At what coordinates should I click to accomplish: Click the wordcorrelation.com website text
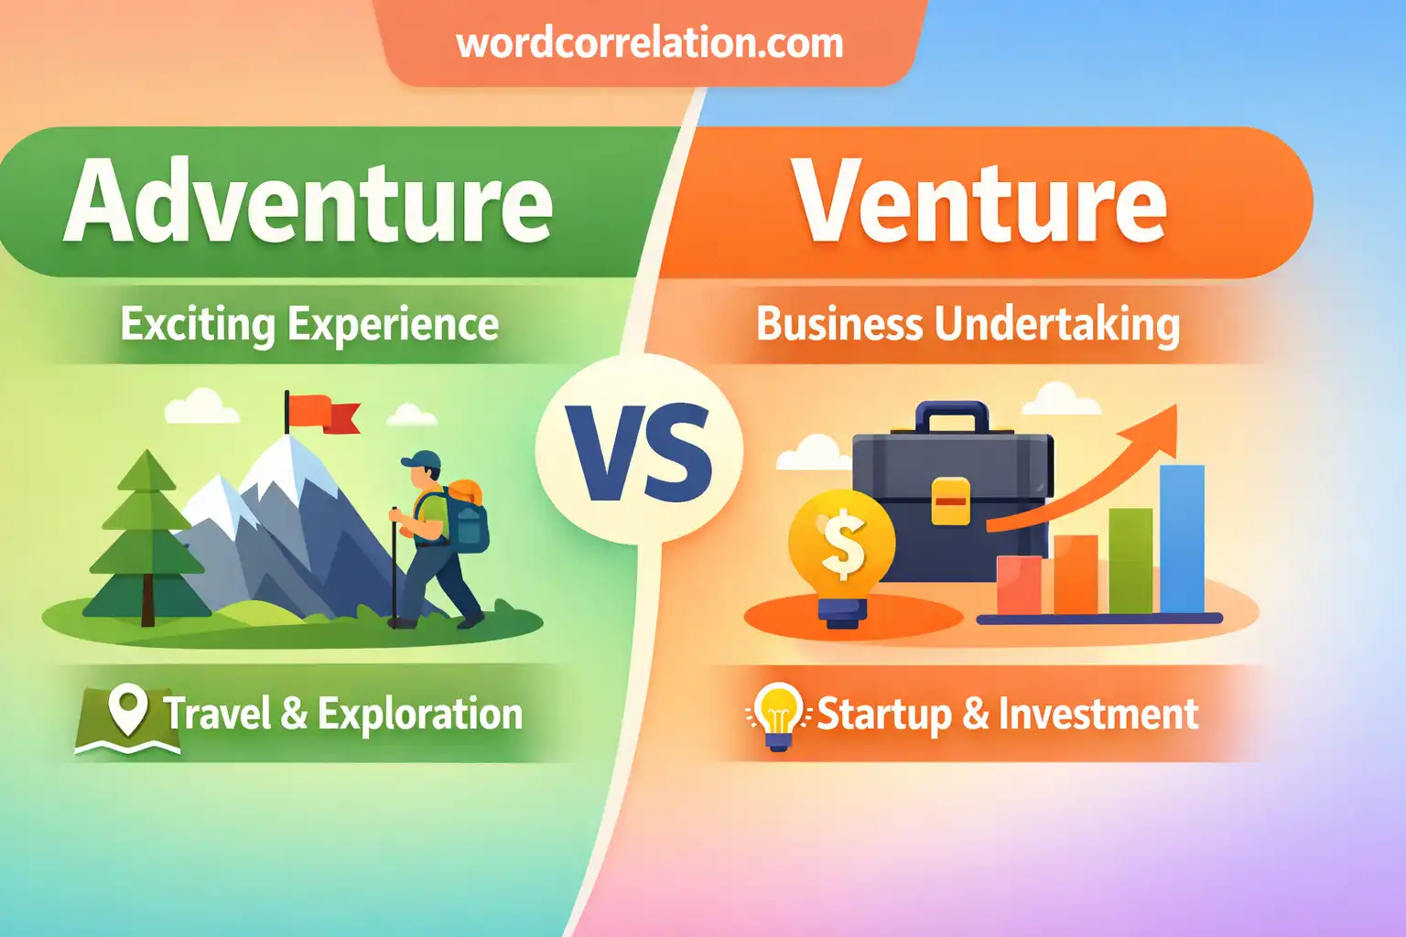(x=649, y=43)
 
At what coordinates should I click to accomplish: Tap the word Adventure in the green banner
(x=308, y=201)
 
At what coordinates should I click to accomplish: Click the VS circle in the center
(x=639, y=451)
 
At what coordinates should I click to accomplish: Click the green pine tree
(x=146, y=540)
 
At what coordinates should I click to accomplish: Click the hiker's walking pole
(x=394, y=567)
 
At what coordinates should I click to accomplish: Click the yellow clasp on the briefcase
(x=950, y=501)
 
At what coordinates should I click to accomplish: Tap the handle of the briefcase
(x=953, y=416)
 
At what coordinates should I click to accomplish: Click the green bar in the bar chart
(x=1130, y=560)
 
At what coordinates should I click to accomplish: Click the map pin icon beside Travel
(x=128, y=710)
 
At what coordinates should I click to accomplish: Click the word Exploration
(x=420, y=715)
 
